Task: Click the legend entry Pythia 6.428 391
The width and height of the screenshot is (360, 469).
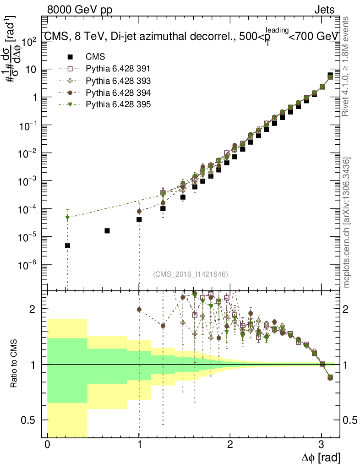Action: point(118,69)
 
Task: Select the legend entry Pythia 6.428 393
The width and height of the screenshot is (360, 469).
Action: point(118,81)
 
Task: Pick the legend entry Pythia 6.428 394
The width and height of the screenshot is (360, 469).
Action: point(118,93)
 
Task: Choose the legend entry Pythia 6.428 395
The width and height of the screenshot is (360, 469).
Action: point(118,104)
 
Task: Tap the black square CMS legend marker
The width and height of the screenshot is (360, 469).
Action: point(70,57)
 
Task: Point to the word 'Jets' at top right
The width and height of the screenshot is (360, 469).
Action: point(324,10)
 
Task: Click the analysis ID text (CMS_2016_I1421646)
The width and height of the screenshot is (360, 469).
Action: point(191,274)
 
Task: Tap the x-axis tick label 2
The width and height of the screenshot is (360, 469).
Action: point(230,445)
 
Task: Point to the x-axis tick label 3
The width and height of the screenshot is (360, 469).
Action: point(322,445)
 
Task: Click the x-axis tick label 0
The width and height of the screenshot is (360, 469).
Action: point(47,445)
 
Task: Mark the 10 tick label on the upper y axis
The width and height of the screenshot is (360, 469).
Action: point(31,70)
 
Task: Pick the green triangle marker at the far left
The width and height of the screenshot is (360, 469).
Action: point(67,218)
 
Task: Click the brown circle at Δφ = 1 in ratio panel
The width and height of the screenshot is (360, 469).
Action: point(139,310)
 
